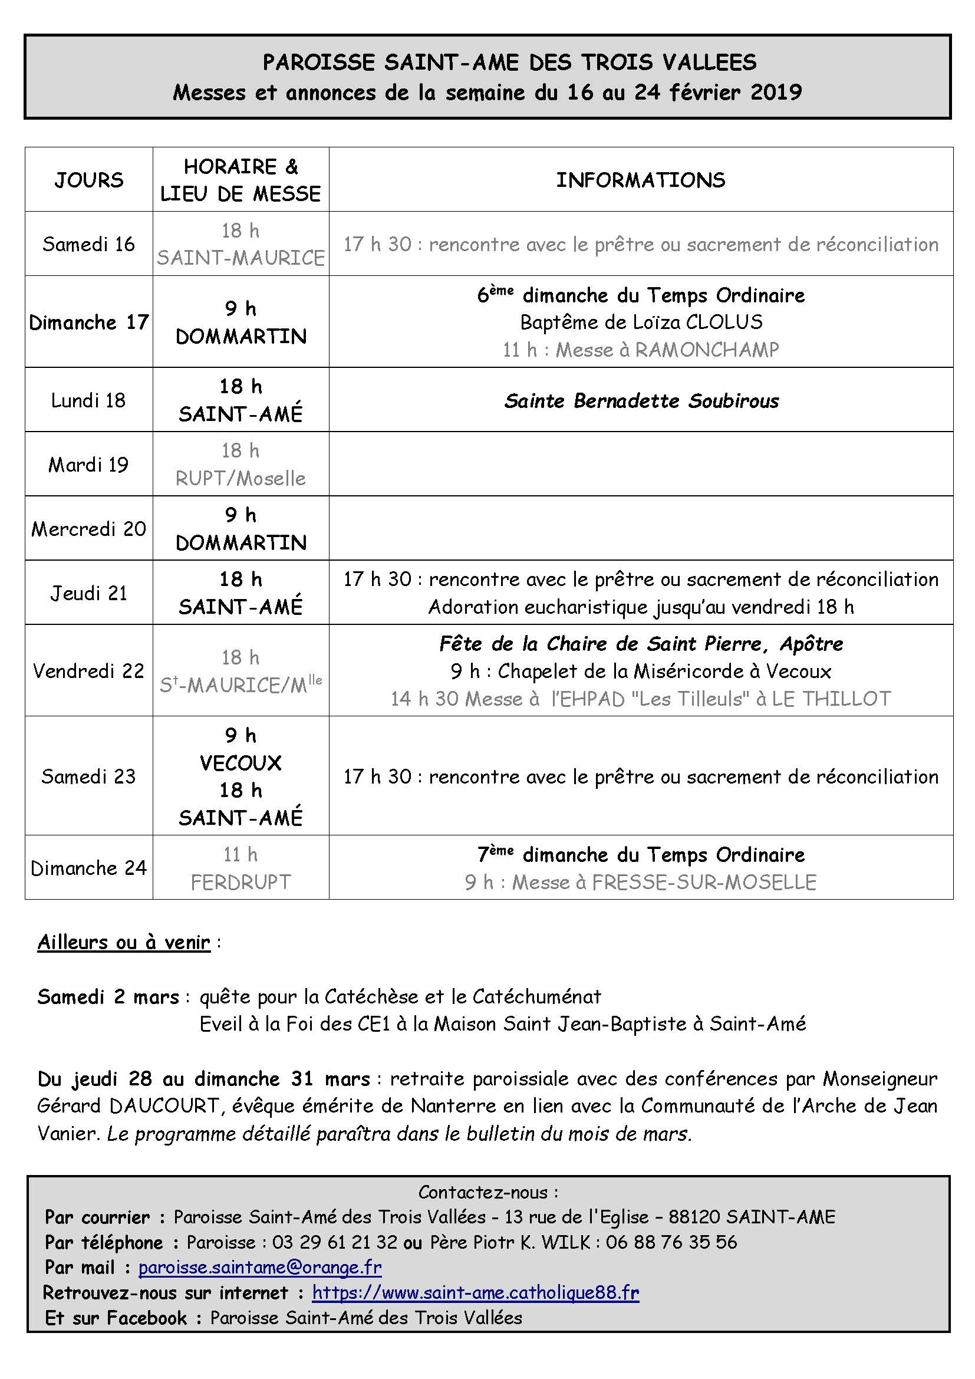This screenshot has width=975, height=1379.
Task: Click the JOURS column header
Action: pos(89,180)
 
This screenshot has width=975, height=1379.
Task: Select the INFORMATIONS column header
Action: pos(641,180)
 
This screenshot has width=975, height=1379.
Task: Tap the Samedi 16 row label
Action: pos(89,244)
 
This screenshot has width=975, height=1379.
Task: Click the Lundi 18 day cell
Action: pos(89,400)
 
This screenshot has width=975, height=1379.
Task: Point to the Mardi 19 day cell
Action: pos(89,464)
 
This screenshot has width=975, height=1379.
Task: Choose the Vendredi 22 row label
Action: pos(89,670)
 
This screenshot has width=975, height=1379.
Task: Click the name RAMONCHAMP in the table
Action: pos(707,350)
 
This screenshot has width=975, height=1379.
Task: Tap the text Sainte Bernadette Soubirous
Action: pos(641,400)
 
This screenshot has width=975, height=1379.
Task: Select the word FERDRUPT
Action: pos(241,881)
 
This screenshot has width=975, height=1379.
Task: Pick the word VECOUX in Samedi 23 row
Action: pos(241,763)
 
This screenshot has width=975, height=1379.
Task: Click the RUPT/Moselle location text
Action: pos(241,478)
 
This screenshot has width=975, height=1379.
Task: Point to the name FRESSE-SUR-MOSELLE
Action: pos(704,881)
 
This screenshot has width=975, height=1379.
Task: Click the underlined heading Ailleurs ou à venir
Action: pos(124,942)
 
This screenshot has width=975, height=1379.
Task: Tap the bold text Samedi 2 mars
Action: pos(108,996)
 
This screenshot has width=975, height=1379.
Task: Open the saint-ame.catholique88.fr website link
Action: pos(476,1292)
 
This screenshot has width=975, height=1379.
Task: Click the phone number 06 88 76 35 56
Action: pos(671,1242)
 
